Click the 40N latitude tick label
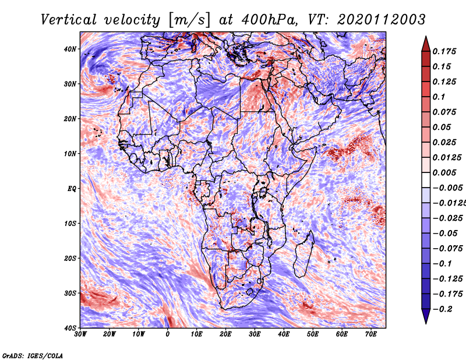(70, 49)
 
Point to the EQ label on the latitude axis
(72, 189)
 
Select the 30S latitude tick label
(70, 293)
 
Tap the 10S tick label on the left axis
(70, 224)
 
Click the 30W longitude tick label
(80, 334)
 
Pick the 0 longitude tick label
(168, 334)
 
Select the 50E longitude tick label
(313, 334)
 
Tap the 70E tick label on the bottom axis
(371, 334)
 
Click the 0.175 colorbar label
(444, 51)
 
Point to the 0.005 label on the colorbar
(444, 172)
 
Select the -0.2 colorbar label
(443, 309)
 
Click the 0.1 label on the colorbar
(439, 97)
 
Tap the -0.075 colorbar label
(448, 249)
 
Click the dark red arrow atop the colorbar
(426, 44)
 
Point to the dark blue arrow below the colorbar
(426, 316)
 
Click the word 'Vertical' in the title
(69, 20)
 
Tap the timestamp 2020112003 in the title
(382, 20)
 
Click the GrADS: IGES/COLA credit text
(33, 356)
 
